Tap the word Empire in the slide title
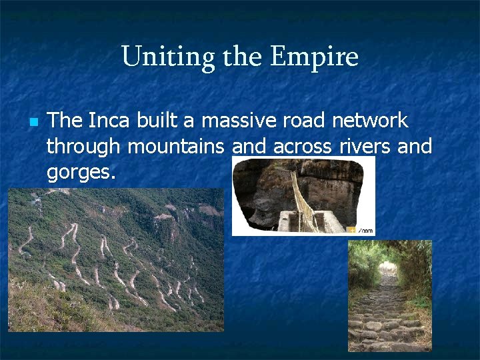[x=314, y=57]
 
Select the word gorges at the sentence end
[x=81, y=172]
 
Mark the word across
[x=302, y=146]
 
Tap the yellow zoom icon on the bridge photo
[x=353, y=229]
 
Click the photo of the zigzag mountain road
[x=116, y=259]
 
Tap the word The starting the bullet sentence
[x=65, y=121]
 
